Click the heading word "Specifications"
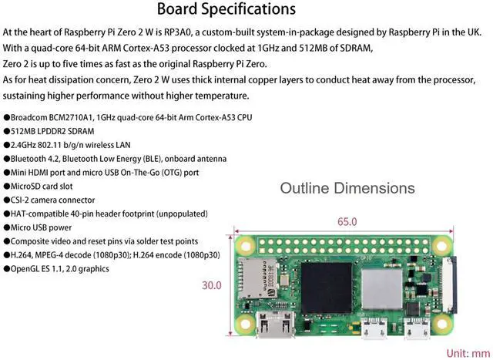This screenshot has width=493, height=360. (251, 9)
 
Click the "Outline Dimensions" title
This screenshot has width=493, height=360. (347, 188)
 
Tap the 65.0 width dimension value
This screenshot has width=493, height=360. (347, 222)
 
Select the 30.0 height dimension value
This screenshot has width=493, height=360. (212, 285)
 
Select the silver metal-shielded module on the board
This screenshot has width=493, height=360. (379, 282)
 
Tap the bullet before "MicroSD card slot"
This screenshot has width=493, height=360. (7, 186)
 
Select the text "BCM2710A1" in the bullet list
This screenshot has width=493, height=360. (77, 117)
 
